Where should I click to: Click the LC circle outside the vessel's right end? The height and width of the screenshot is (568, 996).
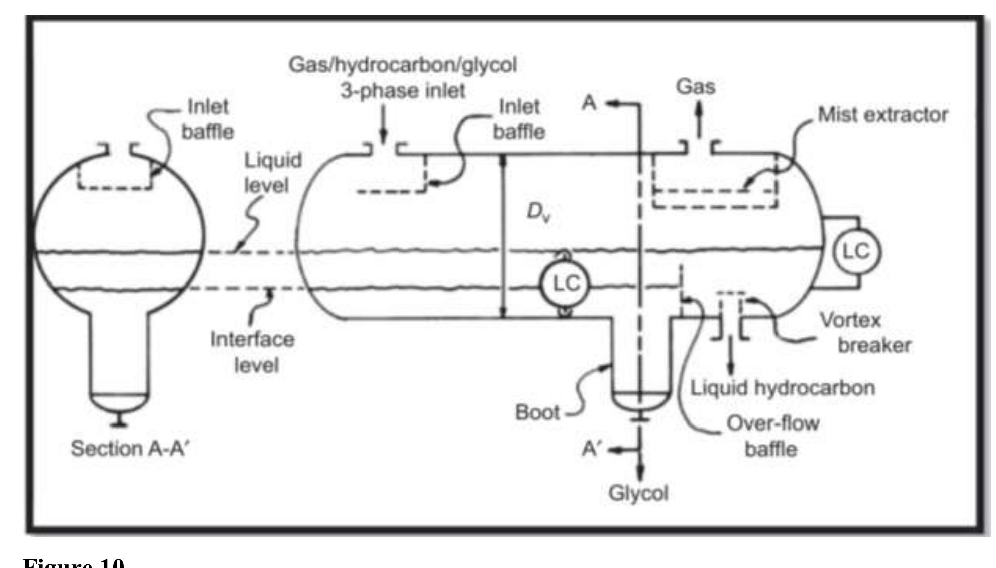pos(856,252)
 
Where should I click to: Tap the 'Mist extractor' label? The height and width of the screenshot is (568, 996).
pos(882,115)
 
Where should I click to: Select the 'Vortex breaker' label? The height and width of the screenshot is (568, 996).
pos(865,333)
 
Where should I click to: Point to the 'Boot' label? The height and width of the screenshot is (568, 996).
pos(537,412)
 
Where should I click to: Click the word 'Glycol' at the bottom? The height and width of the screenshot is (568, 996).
pos(638,493)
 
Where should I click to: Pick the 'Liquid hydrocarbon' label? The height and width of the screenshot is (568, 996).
pos(782,388)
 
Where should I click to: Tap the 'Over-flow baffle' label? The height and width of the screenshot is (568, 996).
pos(772,436)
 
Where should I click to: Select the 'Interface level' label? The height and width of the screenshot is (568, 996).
pos(253,352)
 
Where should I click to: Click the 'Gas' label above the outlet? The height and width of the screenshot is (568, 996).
pos(695,87)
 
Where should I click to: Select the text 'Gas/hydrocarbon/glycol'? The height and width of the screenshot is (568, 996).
pos(402,65)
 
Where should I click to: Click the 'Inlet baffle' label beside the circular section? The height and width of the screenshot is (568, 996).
pos(207,119)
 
